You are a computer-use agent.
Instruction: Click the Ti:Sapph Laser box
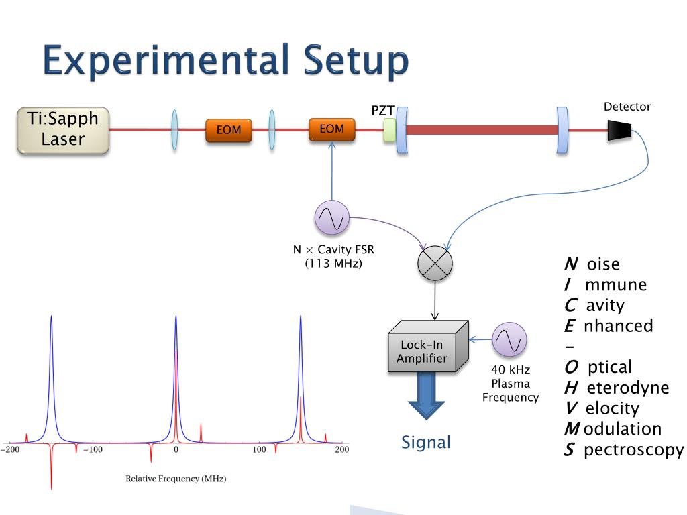63,130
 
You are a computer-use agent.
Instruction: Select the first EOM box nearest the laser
228,130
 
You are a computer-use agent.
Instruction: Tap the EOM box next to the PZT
332,129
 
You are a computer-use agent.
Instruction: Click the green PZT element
389,130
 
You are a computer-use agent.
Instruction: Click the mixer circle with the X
435,263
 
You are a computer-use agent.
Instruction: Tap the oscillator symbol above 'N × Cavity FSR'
332,218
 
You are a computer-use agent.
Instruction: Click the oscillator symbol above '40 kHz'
509,340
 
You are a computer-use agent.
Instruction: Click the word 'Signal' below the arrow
426,442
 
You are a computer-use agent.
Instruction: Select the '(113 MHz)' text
333,264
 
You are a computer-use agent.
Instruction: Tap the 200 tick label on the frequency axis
341,449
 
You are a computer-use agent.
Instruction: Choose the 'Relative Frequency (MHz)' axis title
176,479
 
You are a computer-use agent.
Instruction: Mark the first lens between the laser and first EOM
174,129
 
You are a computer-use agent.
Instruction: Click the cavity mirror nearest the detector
562,129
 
